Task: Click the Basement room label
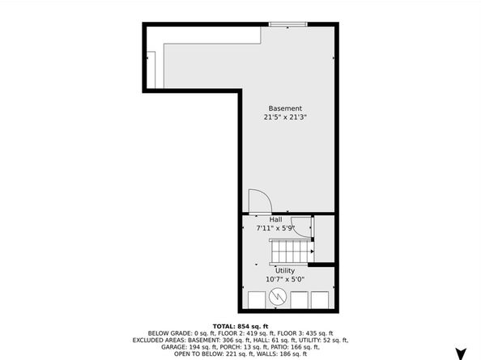[285, 108]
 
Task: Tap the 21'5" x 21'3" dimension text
[285, 117]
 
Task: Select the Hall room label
[276, 219]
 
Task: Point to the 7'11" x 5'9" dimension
[276, 228]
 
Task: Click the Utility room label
[285, 271]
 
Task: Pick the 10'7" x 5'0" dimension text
[285, 280]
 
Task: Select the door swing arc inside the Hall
[302, 227]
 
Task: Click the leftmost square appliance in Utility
[255, 299]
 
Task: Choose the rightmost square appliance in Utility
[322, 299]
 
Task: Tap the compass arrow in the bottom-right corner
[462, 353]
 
